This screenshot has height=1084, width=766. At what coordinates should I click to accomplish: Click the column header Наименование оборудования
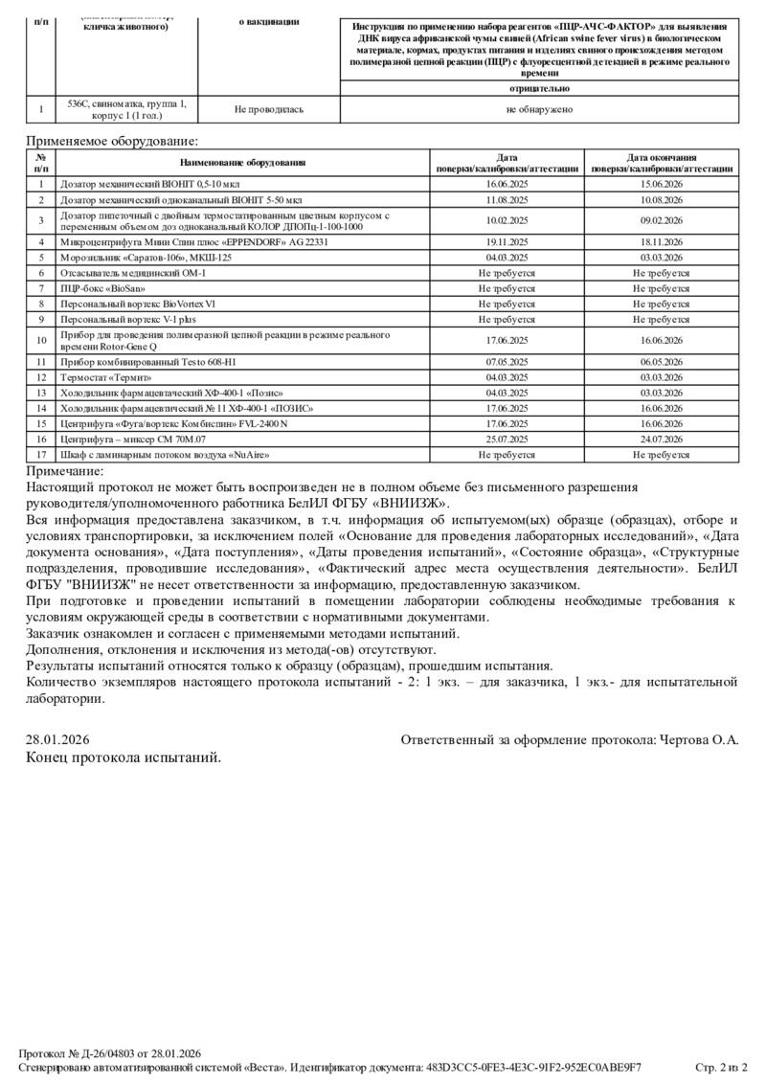[x=242, y=163]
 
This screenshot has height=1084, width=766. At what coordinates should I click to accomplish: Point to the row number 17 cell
[x=41, y=453]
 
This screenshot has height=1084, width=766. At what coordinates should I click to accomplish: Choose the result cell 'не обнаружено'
[x=539, y=109]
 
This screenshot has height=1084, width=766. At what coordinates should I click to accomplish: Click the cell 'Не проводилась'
[x=269, y=109]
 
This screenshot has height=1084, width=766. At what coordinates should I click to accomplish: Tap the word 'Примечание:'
[x=65, y=471]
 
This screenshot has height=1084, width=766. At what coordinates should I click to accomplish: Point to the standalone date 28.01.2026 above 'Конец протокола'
[x=57, y=740]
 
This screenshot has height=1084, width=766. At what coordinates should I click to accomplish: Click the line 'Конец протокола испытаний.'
[x=123, y=757]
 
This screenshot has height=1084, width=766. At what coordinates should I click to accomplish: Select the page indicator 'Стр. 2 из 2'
[x=720, y=1067]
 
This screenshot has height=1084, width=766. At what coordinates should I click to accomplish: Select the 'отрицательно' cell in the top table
[x=539, y=88]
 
